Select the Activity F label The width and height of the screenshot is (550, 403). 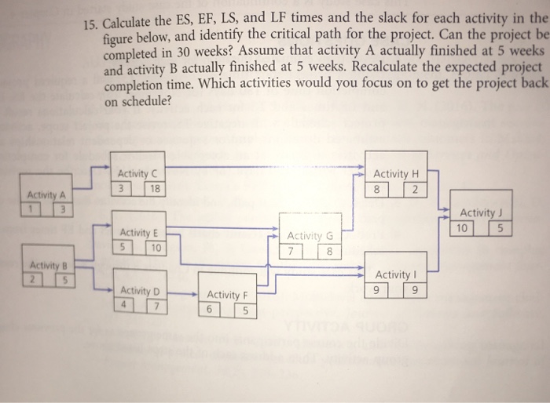click(227, 296)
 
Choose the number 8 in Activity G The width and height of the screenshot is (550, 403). click(329, 252)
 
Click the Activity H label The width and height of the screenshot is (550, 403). click(397, 174)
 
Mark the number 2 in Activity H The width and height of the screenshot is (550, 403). click(416, 190)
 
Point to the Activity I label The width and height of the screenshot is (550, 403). click(396, 276)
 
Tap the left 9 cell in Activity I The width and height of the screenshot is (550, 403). click(381, 291)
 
